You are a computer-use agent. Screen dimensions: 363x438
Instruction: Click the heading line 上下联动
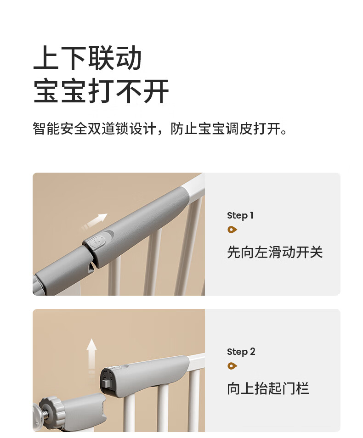[87, 58]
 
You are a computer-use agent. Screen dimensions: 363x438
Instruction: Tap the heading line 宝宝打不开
[101, 91]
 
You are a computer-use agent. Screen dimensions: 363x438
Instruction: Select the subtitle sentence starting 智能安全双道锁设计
[160, 129]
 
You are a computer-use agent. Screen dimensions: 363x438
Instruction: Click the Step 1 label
[240, 215]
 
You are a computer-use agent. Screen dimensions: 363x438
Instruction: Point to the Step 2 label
[241, 352]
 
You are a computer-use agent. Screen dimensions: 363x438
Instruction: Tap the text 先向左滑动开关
[275, 252]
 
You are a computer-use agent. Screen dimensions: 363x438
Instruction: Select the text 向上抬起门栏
[268, 388]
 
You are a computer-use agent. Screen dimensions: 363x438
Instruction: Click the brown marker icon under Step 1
[232, 230]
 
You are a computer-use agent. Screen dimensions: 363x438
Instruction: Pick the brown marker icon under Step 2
[232, 366]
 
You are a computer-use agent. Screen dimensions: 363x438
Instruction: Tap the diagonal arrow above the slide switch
[94, 221]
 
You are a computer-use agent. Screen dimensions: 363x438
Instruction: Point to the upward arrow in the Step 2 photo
[91, 356]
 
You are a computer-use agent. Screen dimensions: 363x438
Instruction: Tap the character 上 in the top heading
[46, 58]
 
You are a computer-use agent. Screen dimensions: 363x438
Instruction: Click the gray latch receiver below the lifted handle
[85, 410]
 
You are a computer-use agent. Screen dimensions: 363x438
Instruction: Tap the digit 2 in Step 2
[253, 351]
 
